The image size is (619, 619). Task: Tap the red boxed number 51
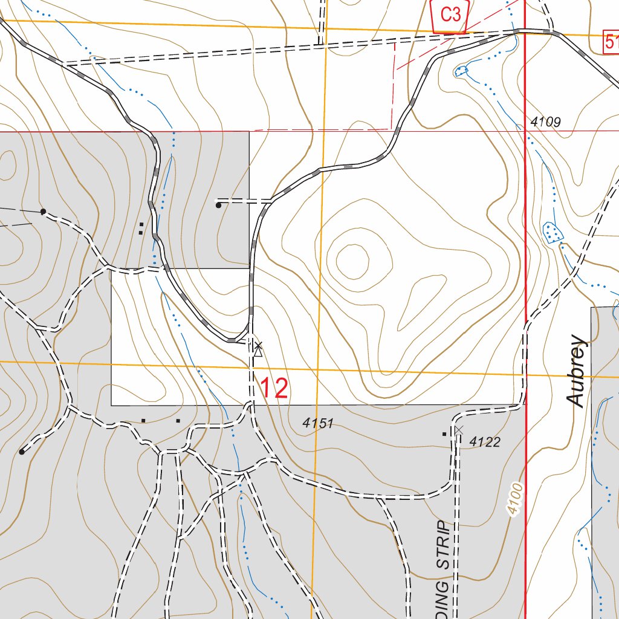[611, 43]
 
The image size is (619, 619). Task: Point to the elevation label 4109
[546, 122]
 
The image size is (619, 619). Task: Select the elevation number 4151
[319, 424]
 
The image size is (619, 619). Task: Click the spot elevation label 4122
[485, 442]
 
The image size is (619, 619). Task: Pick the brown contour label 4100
[514, 499]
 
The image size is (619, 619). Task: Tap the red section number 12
[274, 389]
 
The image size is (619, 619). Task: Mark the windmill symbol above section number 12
[258, 349]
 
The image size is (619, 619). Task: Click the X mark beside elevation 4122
[458, 430]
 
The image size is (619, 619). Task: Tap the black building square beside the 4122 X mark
[446, 433]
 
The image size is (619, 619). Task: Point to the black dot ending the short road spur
[218, 206]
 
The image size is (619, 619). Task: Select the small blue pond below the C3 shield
[461, 70]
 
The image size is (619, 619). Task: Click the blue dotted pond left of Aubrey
[551, 232]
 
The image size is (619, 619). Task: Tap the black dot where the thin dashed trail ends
[43, 212]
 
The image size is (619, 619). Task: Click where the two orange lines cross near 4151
[317, 369]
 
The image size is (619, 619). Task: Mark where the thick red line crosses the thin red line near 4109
[525, 131]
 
